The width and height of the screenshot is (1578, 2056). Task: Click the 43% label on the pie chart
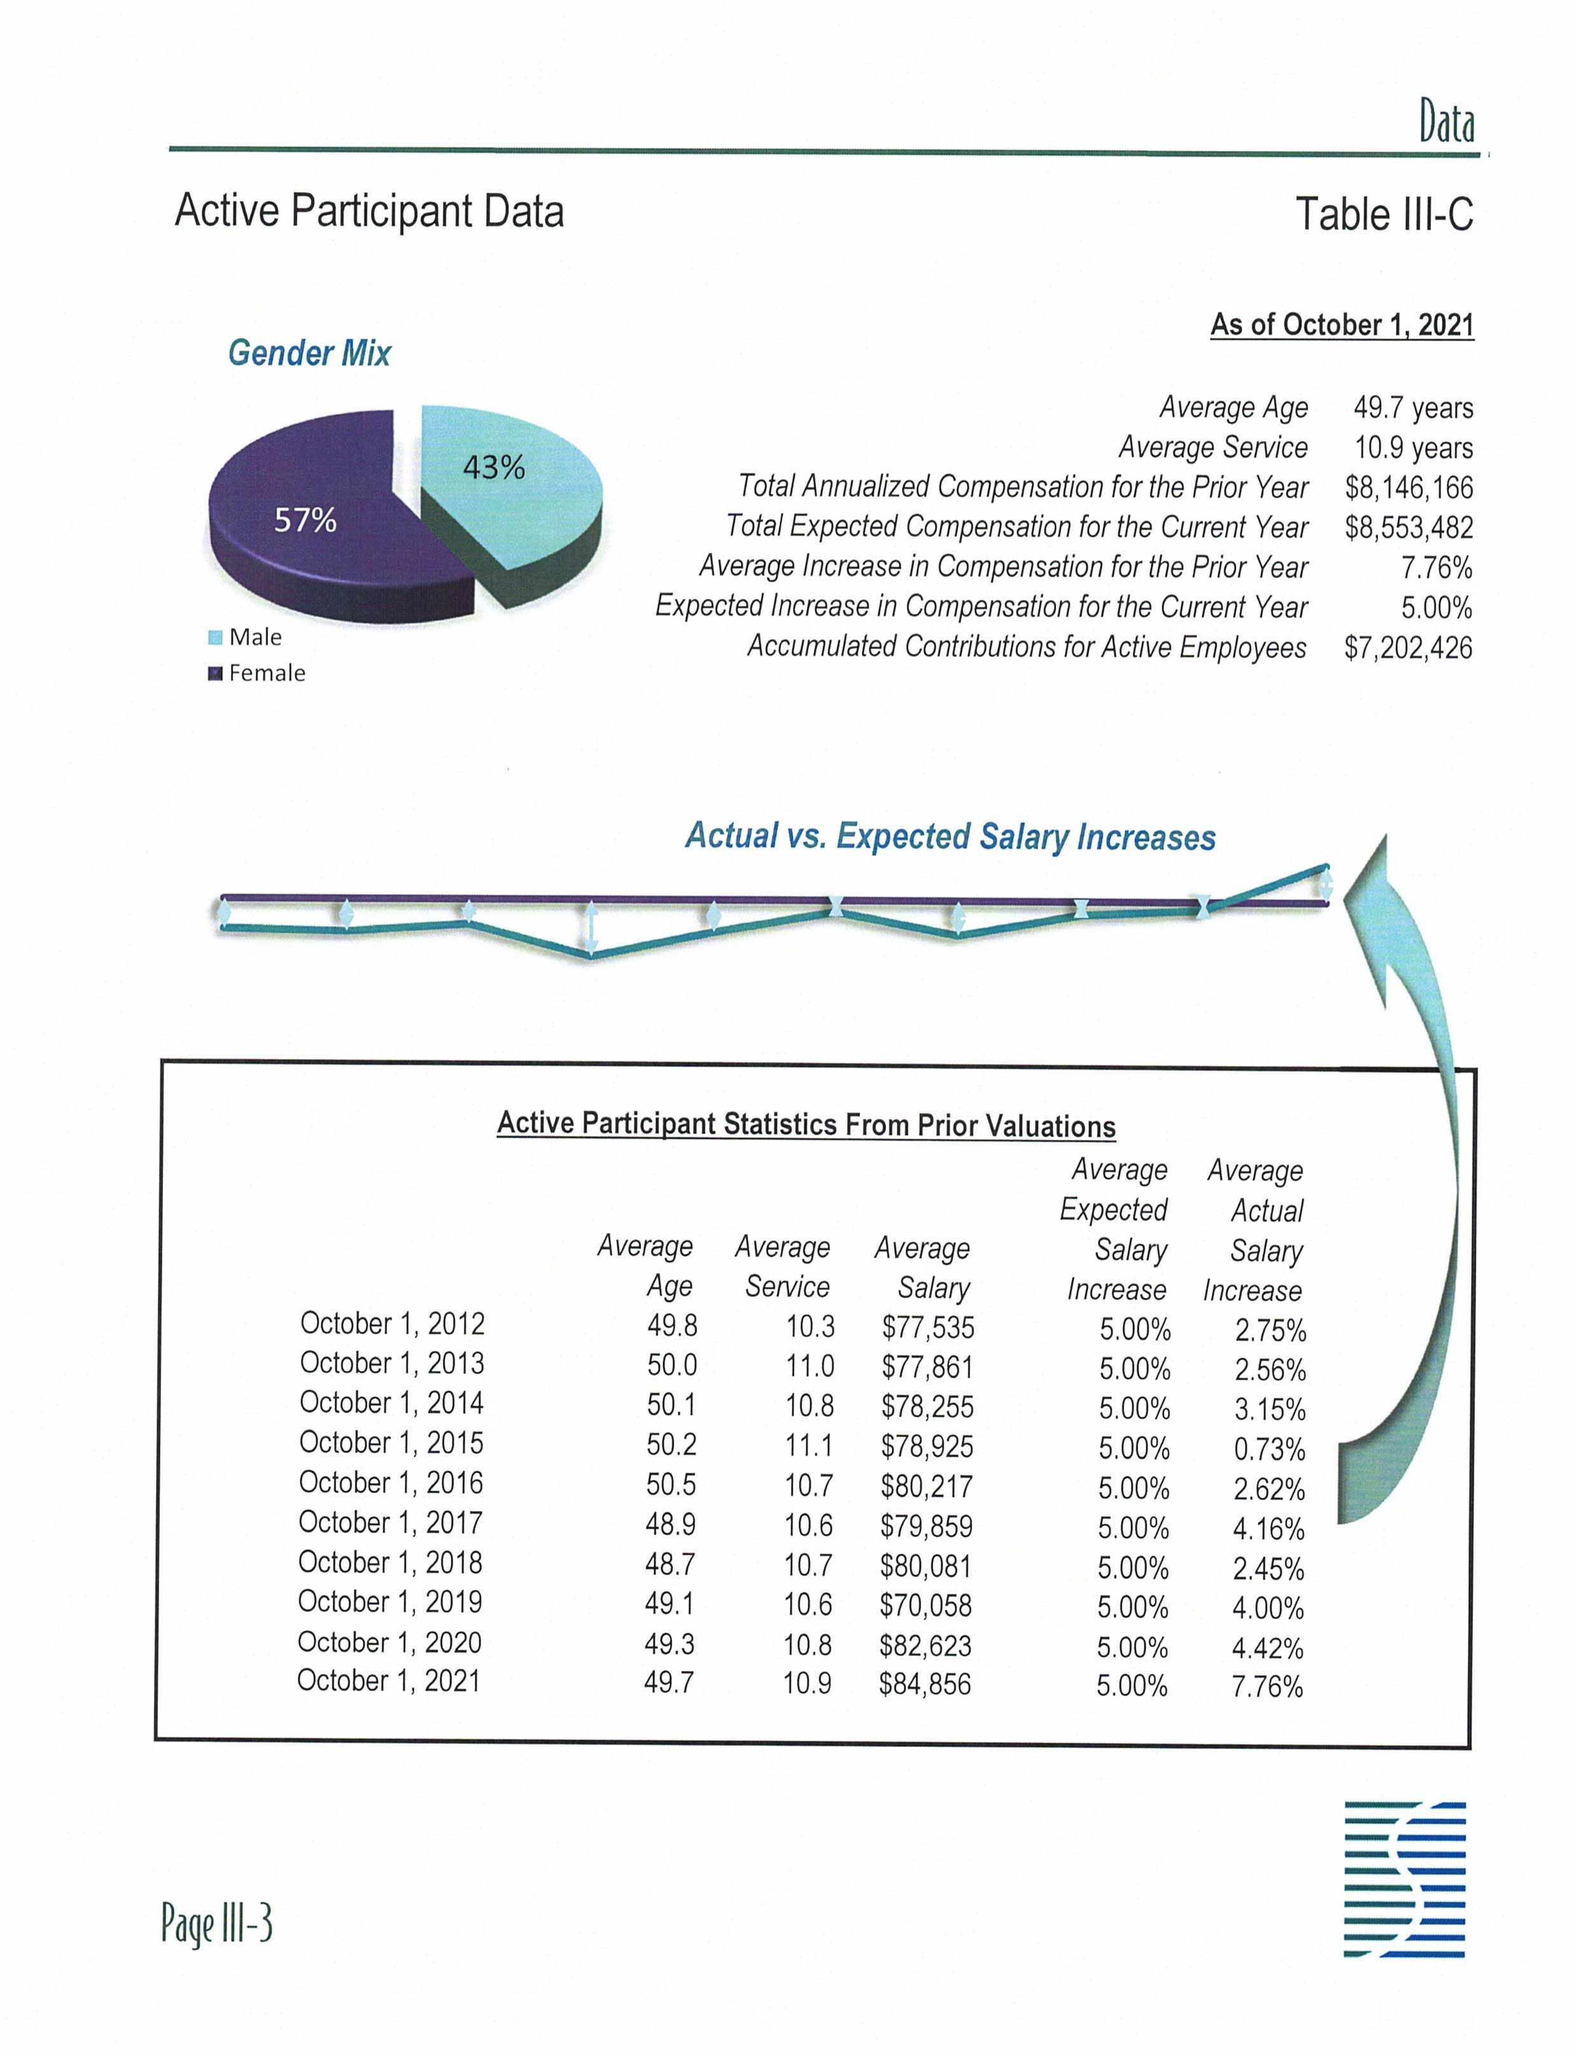(x=493, y=467)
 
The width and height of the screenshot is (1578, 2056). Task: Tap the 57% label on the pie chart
(x=306, y=520)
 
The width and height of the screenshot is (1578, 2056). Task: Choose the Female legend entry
(x=257, y=673)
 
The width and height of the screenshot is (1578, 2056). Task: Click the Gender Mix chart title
(x=309, y=353)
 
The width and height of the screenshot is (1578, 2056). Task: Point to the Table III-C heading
(x=1384, y=214)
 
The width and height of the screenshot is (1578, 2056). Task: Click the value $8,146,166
(x=1408, y=488)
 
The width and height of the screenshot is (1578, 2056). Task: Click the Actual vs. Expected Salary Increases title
(x=950, y=835)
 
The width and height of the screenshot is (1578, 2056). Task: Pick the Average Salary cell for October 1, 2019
(x=925, y=1605)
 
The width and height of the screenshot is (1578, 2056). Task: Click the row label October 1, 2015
(x=391, y=1442)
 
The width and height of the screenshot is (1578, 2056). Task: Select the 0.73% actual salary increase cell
(x=1269, y=1449)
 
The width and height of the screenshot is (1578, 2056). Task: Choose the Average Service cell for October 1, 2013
(x=810, y=1365)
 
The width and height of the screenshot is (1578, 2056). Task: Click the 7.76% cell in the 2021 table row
(x=1267, y=1686)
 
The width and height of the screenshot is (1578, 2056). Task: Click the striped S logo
(x=1404, y=1880)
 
